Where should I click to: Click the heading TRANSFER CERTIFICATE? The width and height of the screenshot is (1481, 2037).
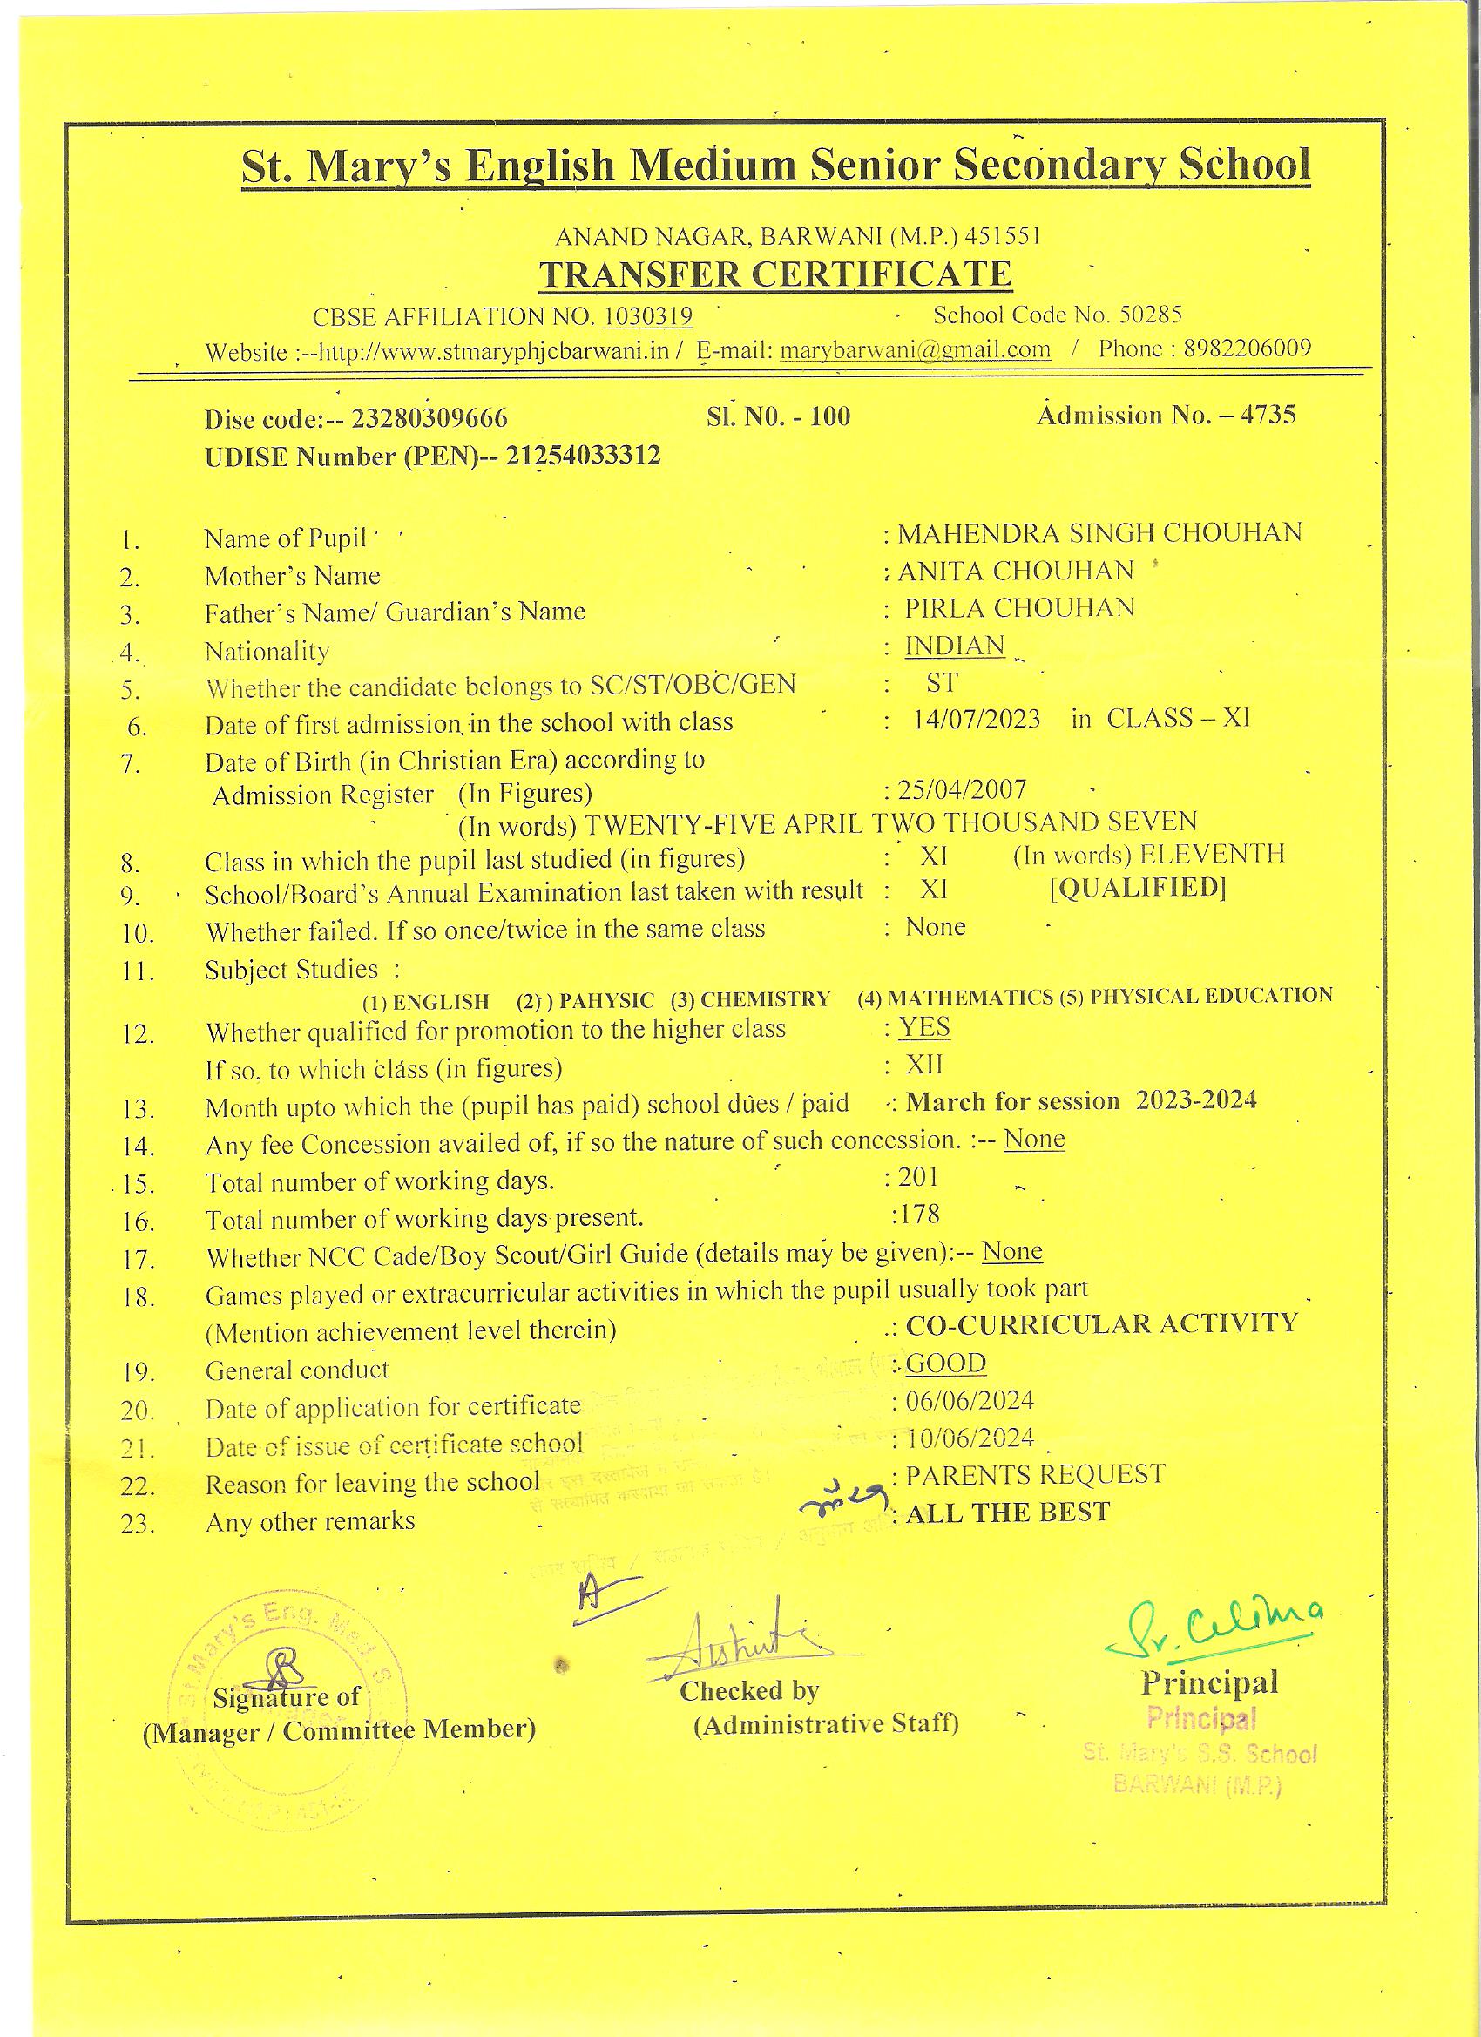[775, 274]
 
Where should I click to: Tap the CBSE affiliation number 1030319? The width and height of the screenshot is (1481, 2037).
[646, 316]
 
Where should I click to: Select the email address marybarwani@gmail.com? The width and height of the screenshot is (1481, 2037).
[916, 349]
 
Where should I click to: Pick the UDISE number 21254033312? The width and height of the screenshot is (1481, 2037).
[583, 457]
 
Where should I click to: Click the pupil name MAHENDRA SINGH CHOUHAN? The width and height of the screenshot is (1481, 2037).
[1099, 532]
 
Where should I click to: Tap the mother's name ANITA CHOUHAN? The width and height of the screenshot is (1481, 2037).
[1015, 571]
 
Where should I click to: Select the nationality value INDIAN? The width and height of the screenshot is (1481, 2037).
[954, 646]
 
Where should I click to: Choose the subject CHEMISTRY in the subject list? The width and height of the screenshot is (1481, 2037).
[764, 998]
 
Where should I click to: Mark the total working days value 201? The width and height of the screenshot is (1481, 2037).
[918, 1176]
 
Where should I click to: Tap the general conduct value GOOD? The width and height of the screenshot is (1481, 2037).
[945, 1364]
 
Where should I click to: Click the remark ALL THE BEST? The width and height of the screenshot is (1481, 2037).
[1008, 1513]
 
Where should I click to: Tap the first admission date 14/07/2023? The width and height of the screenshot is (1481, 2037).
[977, 720]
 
